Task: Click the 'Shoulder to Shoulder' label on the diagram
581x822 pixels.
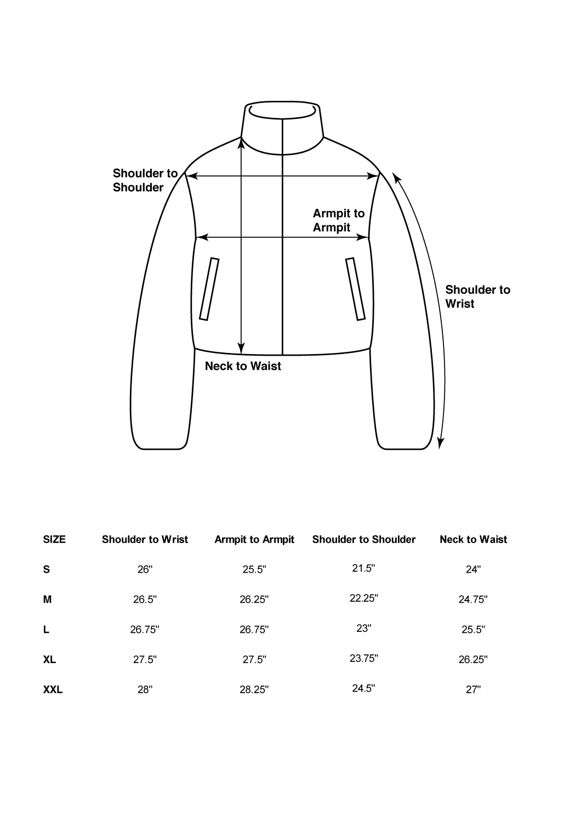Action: tap(145, 180)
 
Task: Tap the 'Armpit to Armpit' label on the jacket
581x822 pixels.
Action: tap(338, 220)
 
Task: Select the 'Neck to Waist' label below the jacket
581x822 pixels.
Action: tap(243, 366)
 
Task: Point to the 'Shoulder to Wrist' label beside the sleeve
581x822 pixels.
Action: tap(477, 296)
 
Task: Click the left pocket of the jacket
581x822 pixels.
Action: tap(209, 289)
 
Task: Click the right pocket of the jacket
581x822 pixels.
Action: tap(355, 289)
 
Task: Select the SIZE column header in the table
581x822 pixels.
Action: tap(54, 540)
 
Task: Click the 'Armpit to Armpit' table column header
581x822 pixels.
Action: tap(254, 540)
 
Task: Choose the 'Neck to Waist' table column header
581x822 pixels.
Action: tap(473, 540)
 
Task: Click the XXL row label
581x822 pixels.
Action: tap(53, 690)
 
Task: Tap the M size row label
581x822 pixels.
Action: tap(48, 600)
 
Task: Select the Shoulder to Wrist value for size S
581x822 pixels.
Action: tap(145, 570)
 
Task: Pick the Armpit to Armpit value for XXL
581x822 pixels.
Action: tap(254, 690)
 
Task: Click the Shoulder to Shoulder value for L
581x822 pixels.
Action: tap(364, 629)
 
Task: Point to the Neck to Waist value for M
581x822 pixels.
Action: tap(473, 600)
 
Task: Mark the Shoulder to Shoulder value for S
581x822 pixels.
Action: tap(363, 568)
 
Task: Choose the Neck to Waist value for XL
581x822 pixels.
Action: tap(473, 660)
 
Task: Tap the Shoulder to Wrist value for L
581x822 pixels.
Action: tap(145, 630)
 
